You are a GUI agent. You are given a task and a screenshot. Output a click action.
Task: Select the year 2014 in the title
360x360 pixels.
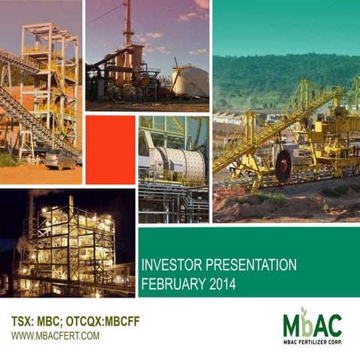[223, 283]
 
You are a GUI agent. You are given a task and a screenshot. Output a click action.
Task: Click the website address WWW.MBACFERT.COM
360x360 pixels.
[55, 335]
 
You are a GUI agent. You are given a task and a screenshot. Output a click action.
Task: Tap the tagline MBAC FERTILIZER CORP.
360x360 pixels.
[312, 342]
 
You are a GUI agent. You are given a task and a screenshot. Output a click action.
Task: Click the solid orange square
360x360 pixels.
[110, 149]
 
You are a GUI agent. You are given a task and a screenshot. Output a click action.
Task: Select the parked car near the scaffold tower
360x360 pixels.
[60, 158]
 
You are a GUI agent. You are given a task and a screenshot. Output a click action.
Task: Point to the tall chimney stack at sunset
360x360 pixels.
[129, 22]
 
